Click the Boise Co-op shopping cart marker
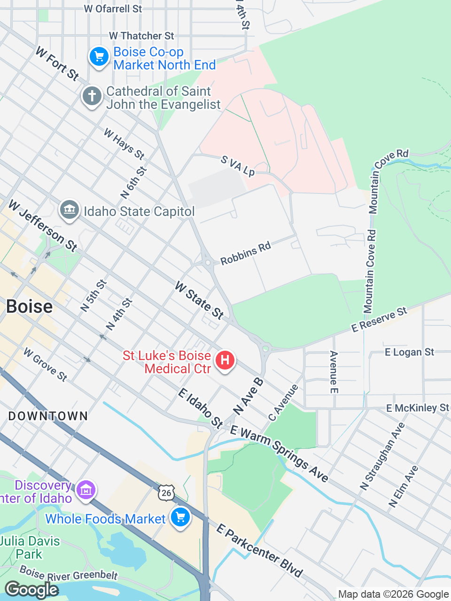click(99, 57)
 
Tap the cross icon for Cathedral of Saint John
click(92, 97)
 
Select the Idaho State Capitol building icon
click(70, 210)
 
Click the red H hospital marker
click(225, 361)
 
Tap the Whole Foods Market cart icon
click(180, 518)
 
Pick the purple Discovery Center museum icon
click(86, 491)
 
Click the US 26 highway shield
click(166, 493)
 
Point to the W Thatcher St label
click(141, 36)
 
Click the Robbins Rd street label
click(246, 253)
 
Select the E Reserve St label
click(379, 320)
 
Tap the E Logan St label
click(409, 352)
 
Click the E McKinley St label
click(417, 408)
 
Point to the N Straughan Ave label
click(382, 456)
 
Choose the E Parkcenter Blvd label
click(259, 551)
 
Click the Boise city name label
click(30, 307)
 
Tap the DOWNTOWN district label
click(48, 416)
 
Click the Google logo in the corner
click(31, 590)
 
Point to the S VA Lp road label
click(238, 166)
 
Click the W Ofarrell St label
click(113, 8)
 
